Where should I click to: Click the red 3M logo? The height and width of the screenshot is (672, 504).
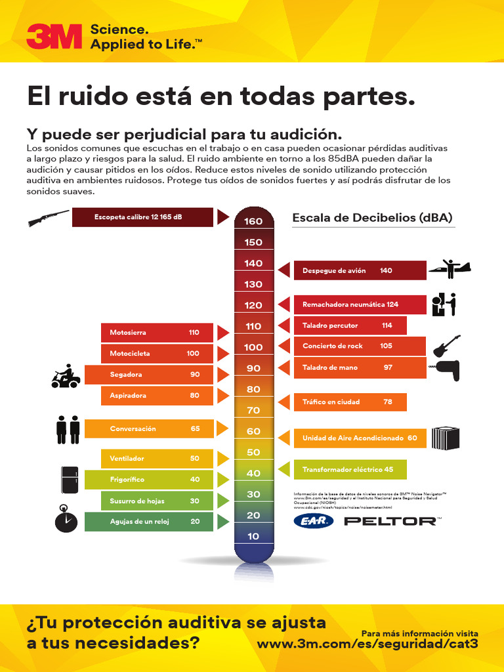point(54,36)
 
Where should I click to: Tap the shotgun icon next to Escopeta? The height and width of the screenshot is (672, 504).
point(49,218)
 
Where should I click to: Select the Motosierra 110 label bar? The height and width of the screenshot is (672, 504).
point(157,333)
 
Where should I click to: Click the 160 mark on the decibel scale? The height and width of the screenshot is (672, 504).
point(253,221)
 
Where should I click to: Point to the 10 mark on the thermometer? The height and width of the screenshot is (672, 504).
point(253,536)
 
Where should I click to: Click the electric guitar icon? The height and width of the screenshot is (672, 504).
point(446,345)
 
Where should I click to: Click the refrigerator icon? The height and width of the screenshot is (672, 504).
point(69,479)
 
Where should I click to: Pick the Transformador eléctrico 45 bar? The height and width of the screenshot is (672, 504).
point(350,470)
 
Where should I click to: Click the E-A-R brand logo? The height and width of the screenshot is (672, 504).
point(313,521)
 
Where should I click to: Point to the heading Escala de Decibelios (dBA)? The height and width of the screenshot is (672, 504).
point(372,218)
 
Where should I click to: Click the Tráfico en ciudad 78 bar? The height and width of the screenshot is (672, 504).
point(350,402)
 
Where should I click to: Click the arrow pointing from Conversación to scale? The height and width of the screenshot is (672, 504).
point(222,429)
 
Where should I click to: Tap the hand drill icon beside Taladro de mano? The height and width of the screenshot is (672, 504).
point(446,369)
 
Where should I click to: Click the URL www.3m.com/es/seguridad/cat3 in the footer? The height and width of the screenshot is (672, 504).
point(367,644)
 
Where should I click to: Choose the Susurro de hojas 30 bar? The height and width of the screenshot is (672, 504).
point(157,501)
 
